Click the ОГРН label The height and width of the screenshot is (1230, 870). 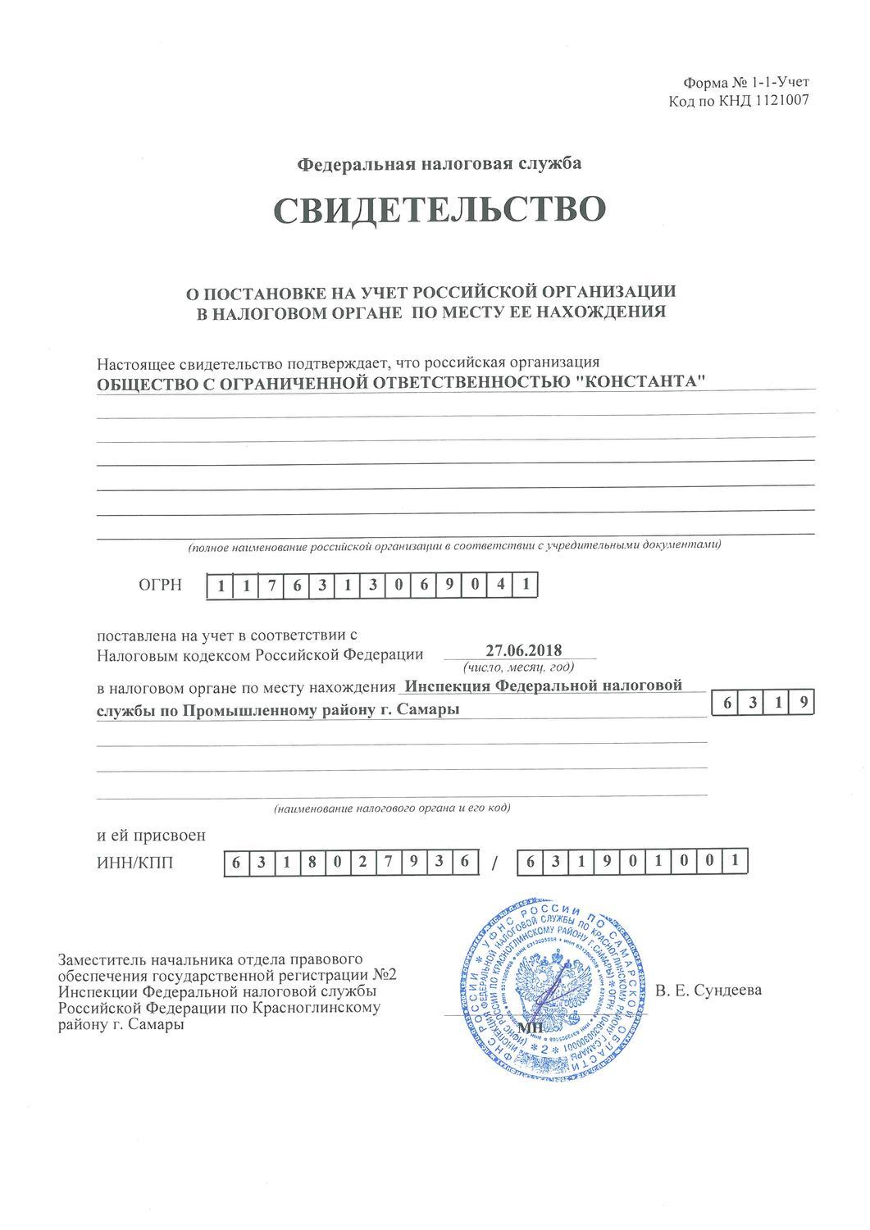coord(159,585)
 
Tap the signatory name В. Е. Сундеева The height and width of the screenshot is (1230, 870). coord(709,990)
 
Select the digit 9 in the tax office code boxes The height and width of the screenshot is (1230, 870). coord(805,703)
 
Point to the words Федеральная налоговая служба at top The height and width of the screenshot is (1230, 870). coord(439,163)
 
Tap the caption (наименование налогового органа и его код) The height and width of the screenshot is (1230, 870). coord(392,809)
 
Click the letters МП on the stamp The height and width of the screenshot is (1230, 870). coord(531,1028)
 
